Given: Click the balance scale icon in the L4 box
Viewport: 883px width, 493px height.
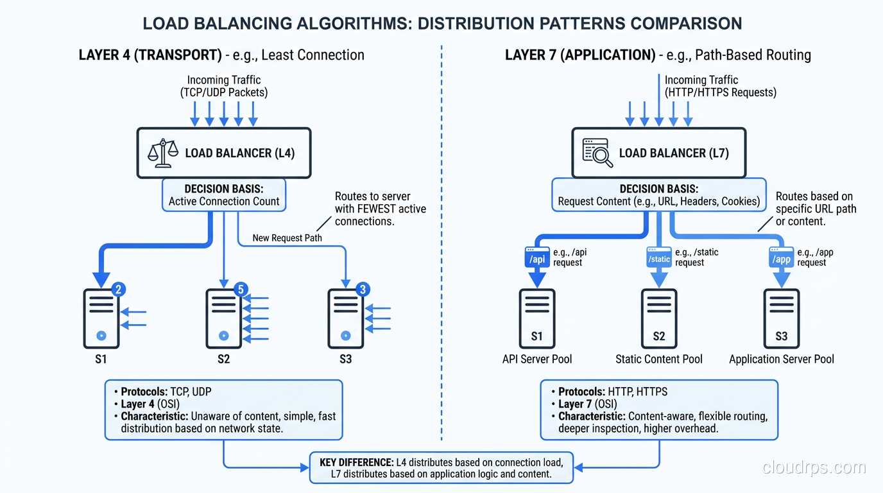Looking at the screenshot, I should (x=163, y=153).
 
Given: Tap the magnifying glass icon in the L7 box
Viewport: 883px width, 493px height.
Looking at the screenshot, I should (x=597, y=153).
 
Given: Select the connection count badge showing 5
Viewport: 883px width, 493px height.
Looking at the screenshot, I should (x=241, y=290).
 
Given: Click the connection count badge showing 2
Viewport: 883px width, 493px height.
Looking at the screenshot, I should (x=118, y=290).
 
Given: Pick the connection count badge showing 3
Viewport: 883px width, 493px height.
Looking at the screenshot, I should (x=363, y=290).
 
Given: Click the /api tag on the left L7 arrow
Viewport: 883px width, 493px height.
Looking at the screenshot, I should (x=536, y=259).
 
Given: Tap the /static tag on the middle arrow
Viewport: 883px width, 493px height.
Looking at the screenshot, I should (x=659, y=259).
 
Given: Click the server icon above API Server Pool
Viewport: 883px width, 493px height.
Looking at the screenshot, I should (x=537, y=318).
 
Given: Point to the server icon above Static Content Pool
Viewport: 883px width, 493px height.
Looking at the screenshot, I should (x=659, y=318).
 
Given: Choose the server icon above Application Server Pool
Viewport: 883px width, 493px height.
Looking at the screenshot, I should (x=782, y=318).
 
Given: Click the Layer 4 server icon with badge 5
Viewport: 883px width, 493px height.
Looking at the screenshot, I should (x=223, y=318).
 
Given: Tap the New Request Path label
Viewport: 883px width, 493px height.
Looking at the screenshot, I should (x=287, y=238).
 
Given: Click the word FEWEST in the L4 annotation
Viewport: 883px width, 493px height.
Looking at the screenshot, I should (x=372, y=209).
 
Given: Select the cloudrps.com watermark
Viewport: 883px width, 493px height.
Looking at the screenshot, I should (x=814, y=468).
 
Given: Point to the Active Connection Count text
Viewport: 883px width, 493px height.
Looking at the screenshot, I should (x=224, y=202).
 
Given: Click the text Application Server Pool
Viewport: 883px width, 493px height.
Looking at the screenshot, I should (x=782, y=359).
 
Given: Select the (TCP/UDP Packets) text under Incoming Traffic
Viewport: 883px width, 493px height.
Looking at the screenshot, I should (x=224, y=92).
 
